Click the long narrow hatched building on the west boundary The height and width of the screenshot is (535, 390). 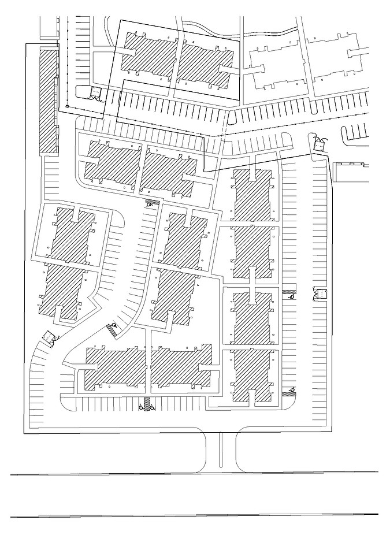49,101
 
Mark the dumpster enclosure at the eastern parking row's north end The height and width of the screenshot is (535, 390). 319,146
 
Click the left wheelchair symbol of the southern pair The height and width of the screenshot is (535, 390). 141,407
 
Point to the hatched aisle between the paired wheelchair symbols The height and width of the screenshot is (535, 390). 147,403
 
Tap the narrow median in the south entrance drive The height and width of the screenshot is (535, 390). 220,451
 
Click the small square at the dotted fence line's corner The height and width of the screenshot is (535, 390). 66,106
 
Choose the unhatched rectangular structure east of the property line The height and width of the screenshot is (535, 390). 351,172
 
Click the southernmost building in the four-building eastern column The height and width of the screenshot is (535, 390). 251,376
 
